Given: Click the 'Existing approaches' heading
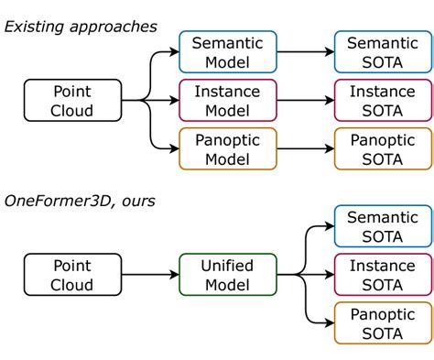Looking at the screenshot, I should (x=81, y=26).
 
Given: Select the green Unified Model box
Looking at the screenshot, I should (x=225, y=274).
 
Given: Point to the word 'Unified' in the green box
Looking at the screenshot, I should (x=225, y=265).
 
